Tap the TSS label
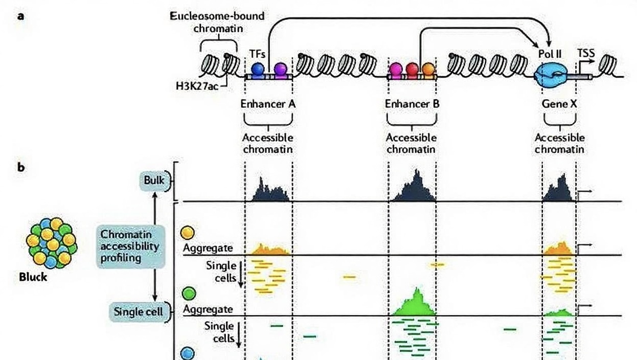click(586, 53)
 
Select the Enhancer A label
click(268, 104)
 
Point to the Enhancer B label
click(412, 104)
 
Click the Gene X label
click(559, 104)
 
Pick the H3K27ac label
click(197, 86)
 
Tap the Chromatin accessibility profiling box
click(131, 246)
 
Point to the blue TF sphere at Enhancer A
click(258, 69)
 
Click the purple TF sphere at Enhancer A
click(280, 69)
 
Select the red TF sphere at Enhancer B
click(412, 69)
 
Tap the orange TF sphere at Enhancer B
click(428, 69)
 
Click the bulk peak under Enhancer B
click(413, 188)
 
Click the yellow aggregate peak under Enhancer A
click(269, 250)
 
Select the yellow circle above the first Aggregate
click(188, 233)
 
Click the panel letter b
click(21, 167)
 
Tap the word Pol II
click(551, 53)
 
